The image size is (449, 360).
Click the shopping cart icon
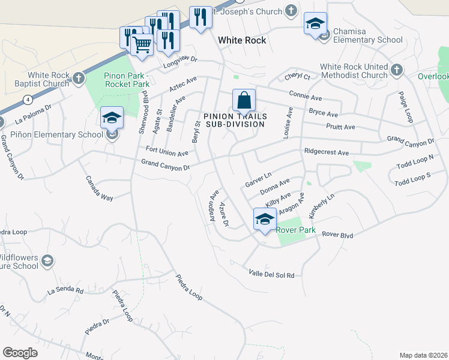[x=142, y=44]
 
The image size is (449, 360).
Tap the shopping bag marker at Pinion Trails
[x=244, y=100]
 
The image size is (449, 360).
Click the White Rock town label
[x=242, y=40]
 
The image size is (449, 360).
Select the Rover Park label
[x=291, y=228]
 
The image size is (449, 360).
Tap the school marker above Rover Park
[x=264, y=219]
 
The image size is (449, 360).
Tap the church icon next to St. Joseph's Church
[x=291, y=10]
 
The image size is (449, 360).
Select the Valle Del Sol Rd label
[x=272, y=274]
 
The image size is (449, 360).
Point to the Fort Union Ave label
[x=167, y=151]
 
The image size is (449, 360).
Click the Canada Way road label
[x=99, y=188]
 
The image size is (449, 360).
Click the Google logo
[x=20, y=353]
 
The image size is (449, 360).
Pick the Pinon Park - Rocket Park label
[x=127, y=80]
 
